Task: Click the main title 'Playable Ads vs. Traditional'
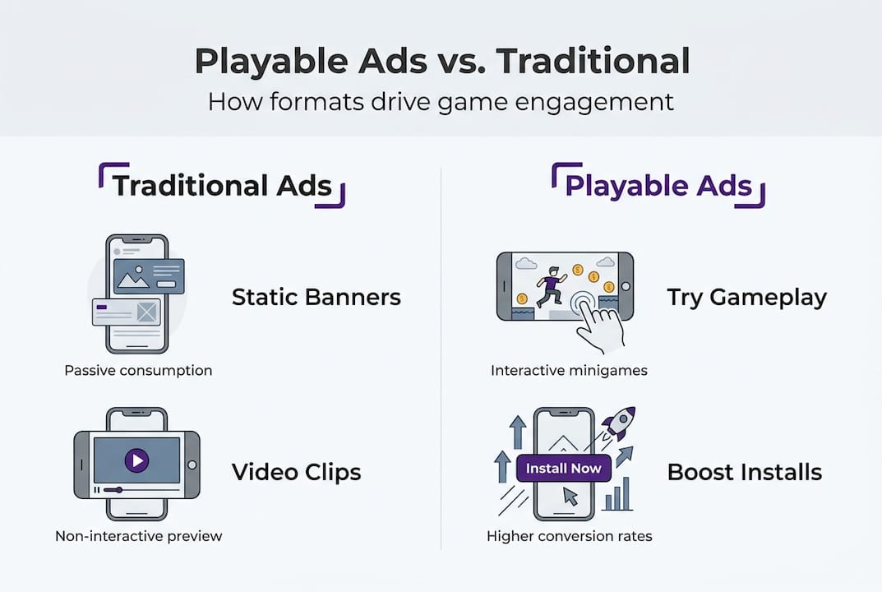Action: pyautogui.click(x=441, y=62)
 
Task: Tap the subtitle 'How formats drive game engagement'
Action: pyautogui.click(x=441, y=102)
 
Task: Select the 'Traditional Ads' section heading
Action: pyautogui.click(x=222, y=186)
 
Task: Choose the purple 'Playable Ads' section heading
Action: pyautogui.click(x=658, y=186)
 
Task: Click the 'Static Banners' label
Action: pyautogui.click(x=316, y=297)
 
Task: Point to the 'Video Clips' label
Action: pyautogui.click(x=296, y=472)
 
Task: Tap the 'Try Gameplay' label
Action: pyautogui.click(x=746, y=297)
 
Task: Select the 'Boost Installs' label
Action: pyautogui.click(x=744, y=472)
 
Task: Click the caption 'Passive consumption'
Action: pyautogui.click(x=138, y=370)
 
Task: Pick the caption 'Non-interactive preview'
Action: pyautogui.click(x=138, y=536)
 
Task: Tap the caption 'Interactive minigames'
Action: pyautogui.click(x=569, y=370)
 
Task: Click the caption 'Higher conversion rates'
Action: pyautogui.click(x=569, y=536)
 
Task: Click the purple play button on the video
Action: pyautogui.click(x=136, y=460)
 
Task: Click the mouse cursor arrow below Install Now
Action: pyautogui.click(x=570, y=496)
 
